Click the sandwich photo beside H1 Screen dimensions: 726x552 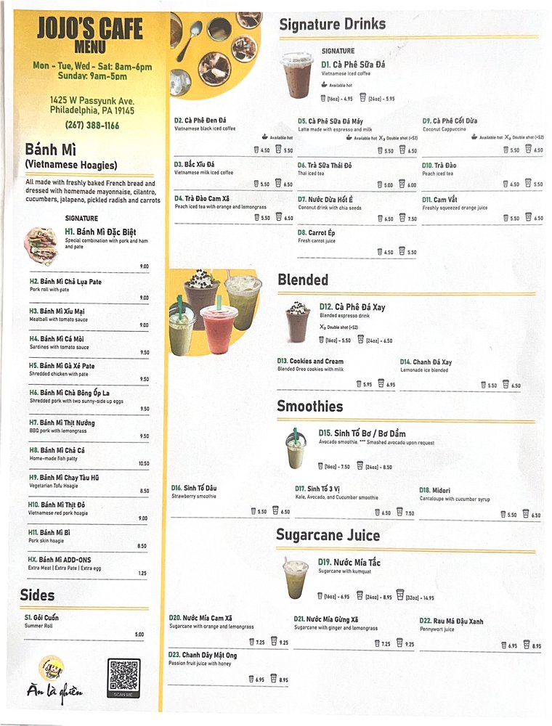pos(41,245)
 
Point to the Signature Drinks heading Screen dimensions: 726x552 pos(332,25)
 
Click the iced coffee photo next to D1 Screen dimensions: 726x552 pos(297,75)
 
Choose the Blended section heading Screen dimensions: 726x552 pos(303,280)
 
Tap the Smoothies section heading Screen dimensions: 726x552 pos(310,406)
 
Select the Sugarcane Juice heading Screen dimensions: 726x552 pos(328,535)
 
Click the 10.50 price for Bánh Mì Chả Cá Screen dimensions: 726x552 pos(143,463)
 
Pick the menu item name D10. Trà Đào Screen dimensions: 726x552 pos(438,166)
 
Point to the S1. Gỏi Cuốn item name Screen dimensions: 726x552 pos(41,618)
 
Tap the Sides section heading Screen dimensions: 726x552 pos(37,595)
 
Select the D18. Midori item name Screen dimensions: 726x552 pos(436,490)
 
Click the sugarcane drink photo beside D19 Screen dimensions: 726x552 pos(296,579)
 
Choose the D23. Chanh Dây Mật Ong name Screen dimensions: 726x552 pos(203,655)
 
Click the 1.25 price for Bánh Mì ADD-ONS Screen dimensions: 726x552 pos(143,574)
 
